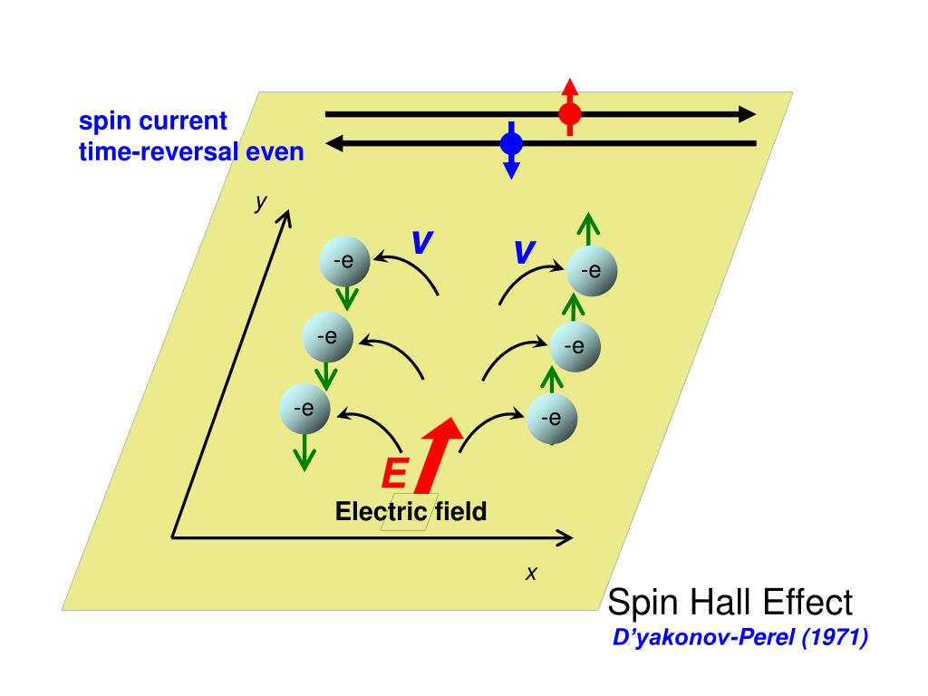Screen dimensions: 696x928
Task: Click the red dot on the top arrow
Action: (x=569, y=113)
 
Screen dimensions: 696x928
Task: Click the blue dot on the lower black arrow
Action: (x=511, y=143)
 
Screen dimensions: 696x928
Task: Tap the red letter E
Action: (x=394, y=473)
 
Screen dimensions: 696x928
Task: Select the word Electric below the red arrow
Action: (x=381, y=512)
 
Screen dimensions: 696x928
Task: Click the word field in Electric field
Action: (x=460, y=512)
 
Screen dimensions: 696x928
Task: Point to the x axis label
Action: (x=532, y=574)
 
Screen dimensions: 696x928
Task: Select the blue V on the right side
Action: (x=523, y=252)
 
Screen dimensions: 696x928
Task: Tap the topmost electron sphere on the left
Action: (x=343, y=262)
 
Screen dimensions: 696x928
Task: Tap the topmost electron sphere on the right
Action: (x=591, y=270)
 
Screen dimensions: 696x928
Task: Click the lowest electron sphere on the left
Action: (x=304, y=408)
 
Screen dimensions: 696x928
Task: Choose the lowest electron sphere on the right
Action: (x=551, y=419)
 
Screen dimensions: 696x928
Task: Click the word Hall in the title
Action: (x=722, y=602)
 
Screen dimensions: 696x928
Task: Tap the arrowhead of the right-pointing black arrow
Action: (x=746, y=114)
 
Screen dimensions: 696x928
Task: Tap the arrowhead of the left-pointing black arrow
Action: (x=335, y=143)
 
